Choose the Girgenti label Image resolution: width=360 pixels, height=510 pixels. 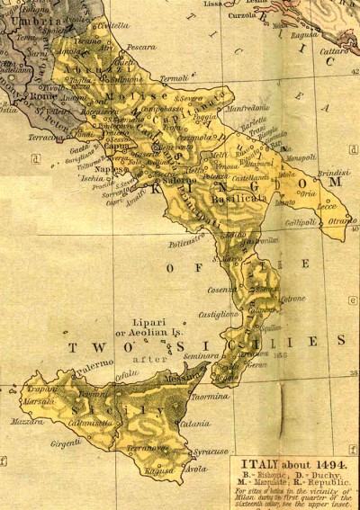[69, 444]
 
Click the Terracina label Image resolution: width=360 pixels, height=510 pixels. [45, 138]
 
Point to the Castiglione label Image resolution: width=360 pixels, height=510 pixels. [220, 315]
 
